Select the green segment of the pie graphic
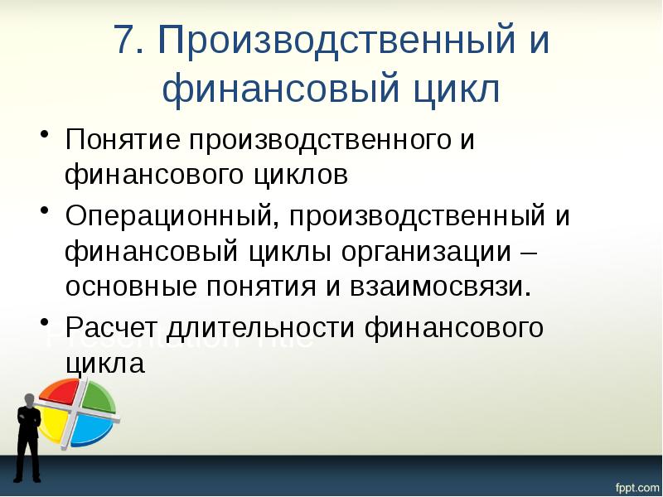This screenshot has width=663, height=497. click(97, 396)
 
